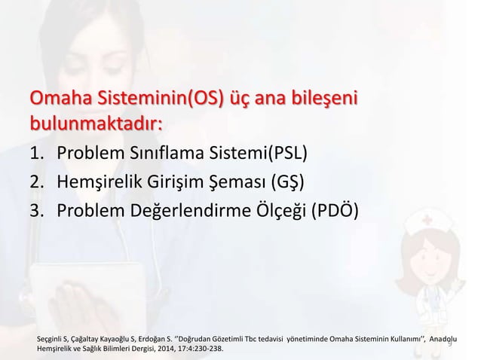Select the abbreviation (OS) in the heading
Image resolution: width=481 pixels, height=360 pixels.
pyautogui.click(x=203, y=99)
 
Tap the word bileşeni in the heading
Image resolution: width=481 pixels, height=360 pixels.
pyautogui.click(x=325, y=99)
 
